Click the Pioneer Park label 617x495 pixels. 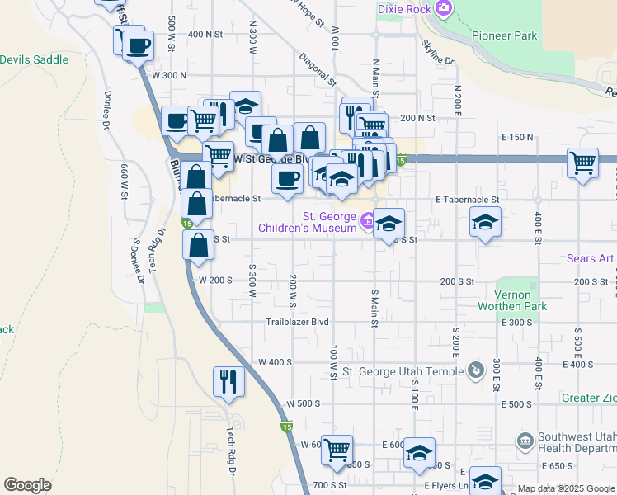point(505,35)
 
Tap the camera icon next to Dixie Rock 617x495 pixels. point(444,8)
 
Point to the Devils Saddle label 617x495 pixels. point(34,59)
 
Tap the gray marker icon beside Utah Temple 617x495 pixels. point(474,370)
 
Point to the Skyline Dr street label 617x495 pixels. point(437,51)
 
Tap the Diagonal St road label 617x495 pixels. point(318,71)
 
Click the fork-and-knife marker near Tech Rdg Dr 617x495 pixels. point(229,380)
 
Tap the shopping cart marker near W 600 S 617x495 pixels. point(337,450)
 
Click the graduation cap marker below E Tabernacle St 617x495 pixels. point(486,221)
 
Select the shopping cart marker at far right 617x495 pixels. point(583,163)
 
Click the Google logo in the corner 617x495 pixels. point(27,485)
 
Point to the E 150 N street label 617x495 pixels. point(517,137)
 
